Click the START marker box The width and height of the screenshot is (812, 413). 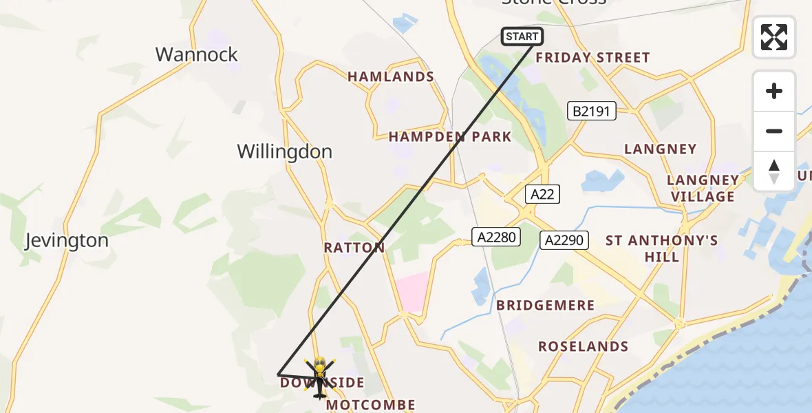[522, 36]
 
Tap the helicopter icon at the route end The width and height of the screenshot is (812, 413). [319, 378]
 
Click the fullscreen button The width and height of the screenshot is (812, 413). [774, 37]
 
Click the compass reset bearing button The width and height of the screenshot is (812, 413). [774, 171]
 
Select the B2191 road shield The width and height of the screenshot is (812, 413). [591, 110]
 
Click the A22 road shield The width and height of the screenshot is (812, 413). [542, 194]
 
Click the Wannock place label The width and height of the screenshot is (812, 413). [197, 54]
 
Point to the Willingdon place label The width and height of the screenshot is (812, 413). [284, 151]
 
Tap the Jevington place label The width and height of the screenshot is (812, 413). [67, 240]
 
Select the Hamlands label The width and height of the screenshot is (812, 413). [391, 76]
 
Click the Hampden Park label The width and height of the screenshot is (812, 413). [450, 136]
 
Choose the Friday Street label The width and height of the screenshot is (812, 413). [592, 58]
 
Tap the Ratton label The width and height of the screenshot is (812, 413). [354, 247]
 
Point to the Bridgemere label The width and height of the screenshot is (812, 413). [546, 305]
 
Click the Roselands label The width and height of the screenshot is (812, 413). [583, 346]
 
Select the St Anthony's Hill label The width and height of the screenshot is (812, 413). [662, 248]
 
